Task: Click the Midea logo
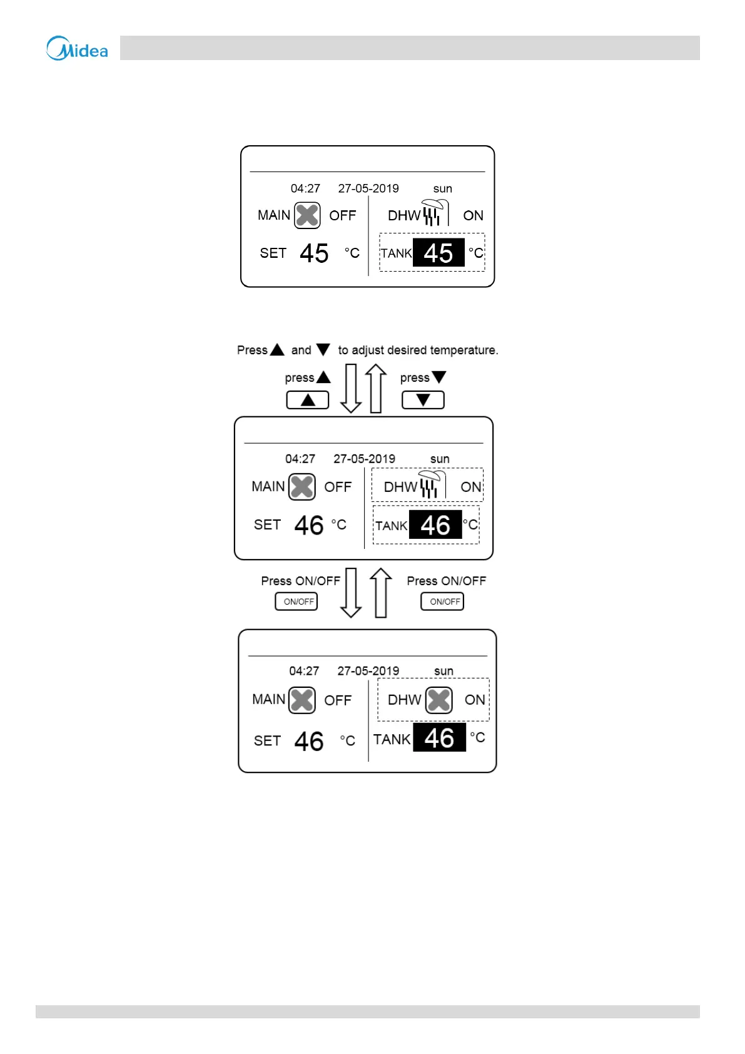pyautogui.click(x=77, y=48)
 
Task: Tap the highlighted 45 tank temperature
pyautogui.click(x=438, y=253)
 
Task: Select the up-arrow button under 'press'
pyautogui.click(x=308, y=400)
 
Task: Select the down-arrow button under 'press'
pyautogui.click(x=423, y=400)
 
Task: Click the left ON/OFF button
pyautogui.click(x=296, y=601)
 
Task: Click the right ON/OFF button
pyautogui.click(x=442, y=601)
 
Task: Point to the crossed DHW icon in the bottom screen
pyautogui.click(x=439, y=700)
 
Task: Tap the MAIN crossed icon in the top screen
pyautogui.click(x=307, y=215)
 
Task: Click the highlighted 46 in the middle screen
pyautogui.click(x=435, y=525)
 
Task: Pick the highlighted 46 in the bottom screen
pyautogui.click(x=439, y=738)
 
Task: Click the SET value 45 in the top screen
pyautogui.click(x=314, y=253)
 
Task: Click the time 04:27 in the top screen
pyautogui.click(x=305, y=188)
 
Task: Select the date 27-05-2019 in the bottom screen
pyautogui.click(x=368, y=671)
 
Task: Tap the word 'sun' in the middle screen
pyautogui.click(x=440, y=459)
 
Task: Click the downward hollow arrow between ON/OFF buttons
pyautogui.click(x=351, y=592)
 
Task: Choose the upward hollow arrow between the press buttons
pyautogui.click(x=376, y=388)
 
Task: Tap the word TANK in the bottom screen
pyautogui.click(x=392, y=740)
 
